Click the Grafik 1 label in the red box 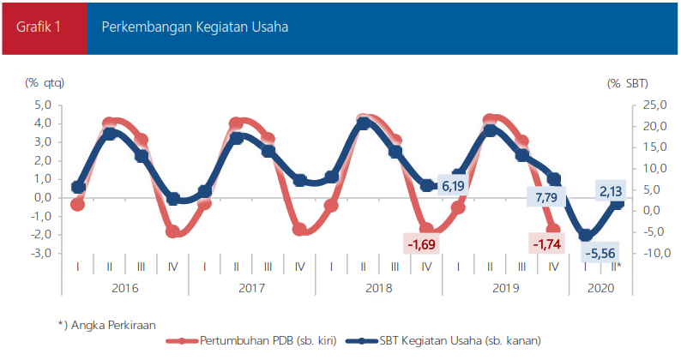pos(38,27)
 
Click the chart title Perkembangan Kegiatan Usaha pos(195,27)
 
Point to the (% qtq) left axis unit pos(45,83)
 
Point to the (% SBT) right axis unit pos(627,83)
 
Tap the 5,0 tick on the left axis pos(42,105)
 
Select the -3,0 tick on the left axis pos(40,254)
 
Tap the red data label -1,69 pos(421,246)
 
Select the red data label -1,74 pos(547,246)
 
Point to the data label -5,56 pos(599,254)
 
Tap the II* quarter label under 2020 pos(617,267)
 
